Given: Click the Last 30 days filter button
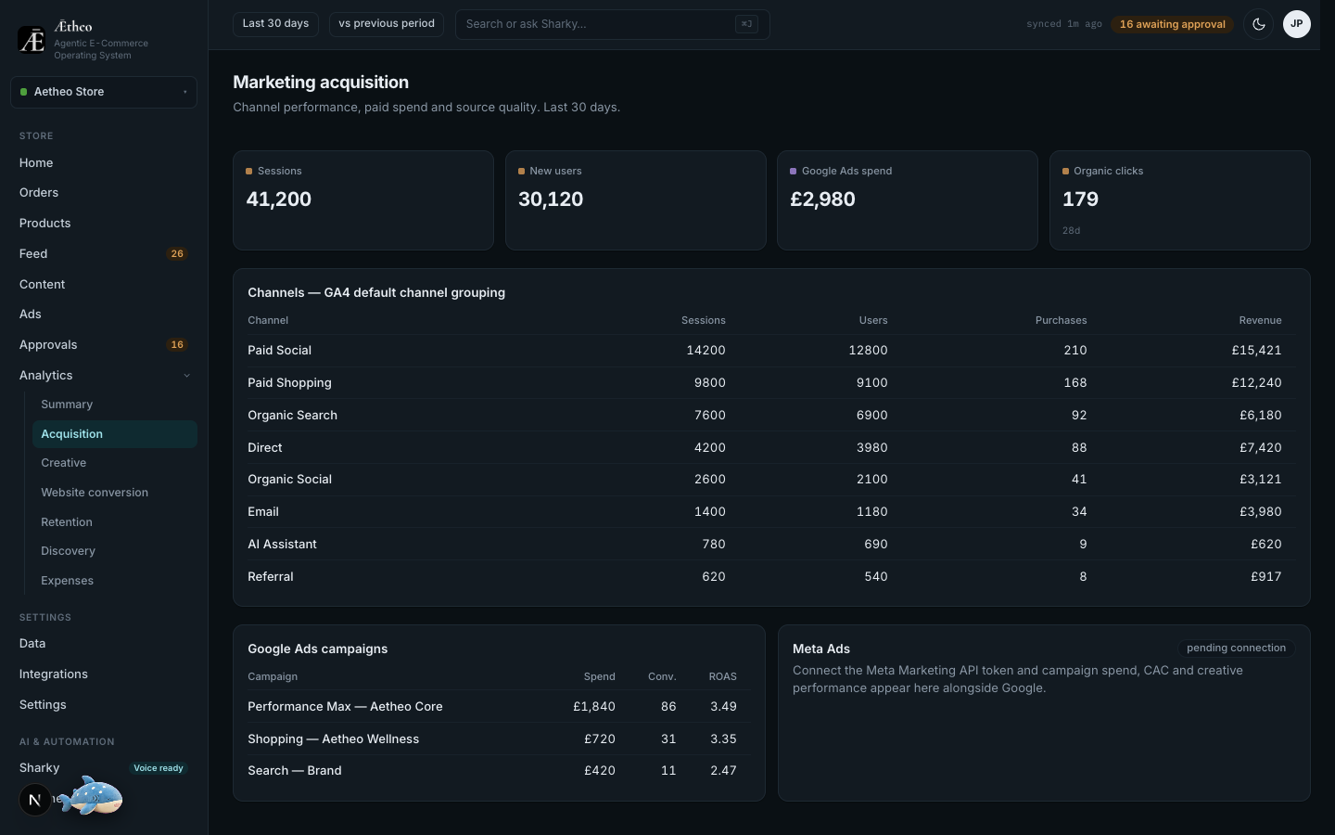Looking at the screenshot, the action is coord(275,24).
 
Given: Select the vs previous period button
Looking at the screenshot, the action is coord(387,24).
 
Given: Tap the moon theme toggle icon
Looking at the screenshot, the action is coord(1259,24).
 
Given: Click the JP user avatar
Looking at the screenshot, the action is coord(1296,24).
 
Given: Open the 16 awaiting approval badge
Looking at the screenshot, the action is coord(1172,24).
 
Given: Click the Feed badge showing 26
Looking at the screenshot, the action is coord(177,254).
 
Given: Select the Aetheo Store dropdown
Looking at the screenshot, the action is coord(104,92).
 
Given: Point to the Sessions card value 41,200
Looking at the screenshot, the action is coord(278,199).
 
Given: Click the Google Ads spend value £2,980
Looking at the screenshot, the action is coord(822,199).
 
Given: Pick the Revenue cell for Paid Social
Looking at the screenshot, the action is coord(1256,351).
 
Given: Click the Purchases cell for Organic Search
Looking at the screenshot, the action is coord(1079,415).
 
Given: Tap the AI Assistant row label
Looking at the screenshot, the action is coord(282,545).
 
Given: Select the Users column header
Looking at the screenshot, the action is coord(873,320).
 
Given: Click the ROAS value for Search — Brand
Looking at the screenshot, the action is coord(723,771).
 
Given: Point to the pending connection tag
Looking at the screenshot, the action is coord(1236,649).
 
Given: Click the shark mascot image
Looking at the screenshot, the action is coord(91,796).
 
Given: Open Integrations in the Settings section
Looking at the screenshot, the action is coord(53,674).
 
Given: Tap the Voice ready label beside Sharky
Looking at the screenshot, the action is coord(158,768).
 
